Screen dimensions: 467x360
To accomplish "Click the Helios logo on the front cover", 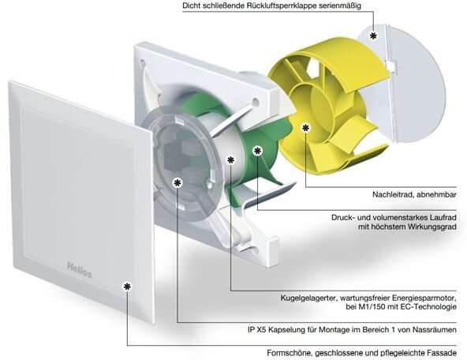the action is click(79, 270).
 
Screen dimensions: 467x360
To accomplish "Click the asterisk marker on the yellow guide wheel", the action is click(305, 128).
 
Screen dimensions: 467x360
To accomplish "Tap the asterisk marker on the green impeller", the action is click(258, 151).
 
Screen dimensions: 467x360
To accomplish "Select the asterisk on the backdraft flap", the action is click(373, 36).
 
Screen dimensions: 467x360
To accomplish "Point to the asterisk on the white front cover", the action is click(127, 287).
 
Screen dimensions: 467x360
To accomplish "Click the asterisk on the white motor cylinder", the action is click(231, 160).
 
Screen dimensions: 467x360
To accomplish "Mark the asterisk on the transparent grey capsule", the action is click(177, 182).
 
